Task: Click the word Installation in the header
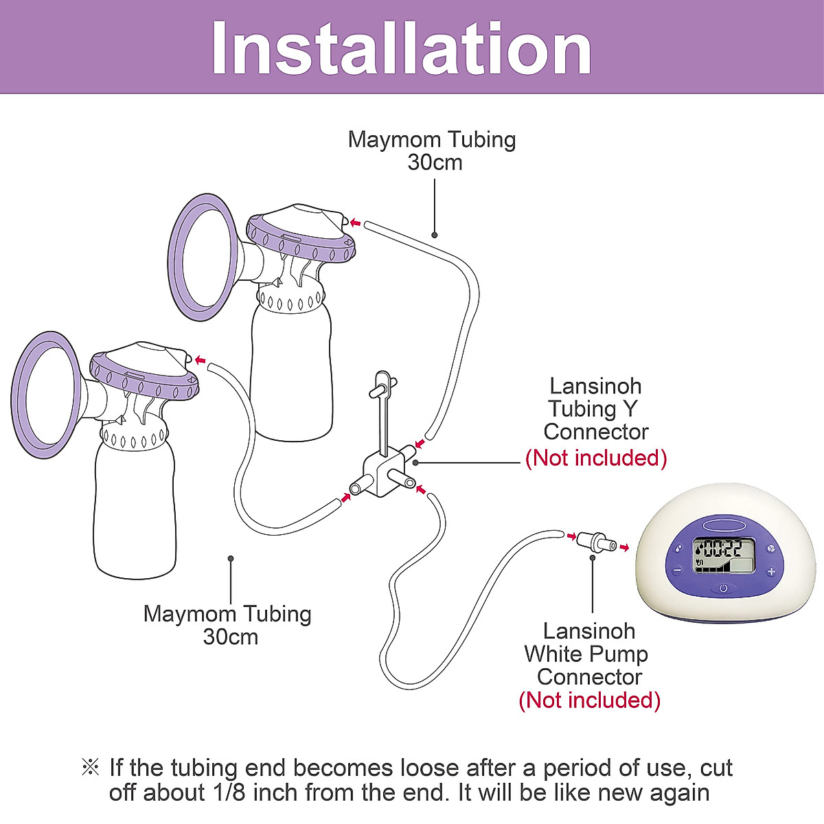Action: coord(402,48)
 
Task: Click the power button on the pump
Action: coord(723,588)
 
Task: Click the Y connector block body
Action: coord(383,474)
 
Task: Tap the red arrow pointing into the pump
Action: coord(623,547)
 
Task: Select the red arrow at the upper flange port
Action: coord(355,222)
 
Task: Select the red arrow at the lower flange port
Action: coord(200,360)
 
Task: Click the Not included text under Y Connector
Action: coord(596,458)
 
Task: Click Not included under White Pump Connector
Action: coord(589,700)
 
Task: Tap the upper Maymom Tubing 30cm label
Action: coord(432,150)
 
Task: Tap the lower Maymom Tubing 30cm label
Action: coord(228,625)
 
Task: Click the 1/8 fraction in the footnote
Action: coord(229,792)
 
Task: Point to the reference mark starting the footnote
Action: coord(90,768)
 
